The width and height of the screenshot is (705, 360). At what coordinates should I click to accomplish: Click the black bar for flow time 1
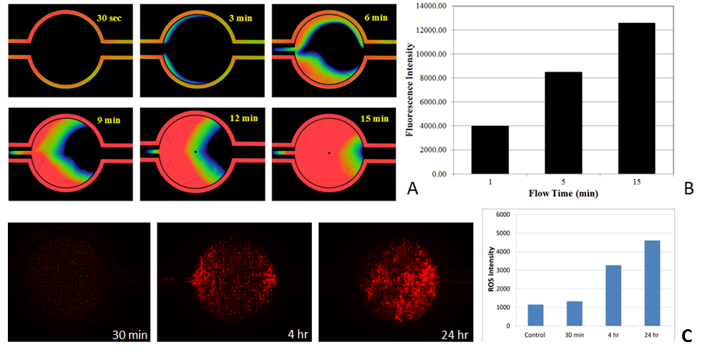[x=490, y=150]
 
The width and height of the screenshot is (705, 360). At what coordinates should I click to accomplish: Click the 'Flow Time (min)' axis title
[x=563, y=193]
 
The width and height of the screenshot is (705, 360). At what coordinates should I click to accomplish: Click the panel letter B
[x=689, y=189]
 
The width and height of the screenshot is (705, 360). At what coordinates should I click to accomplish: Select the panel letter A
[x=412, y=189]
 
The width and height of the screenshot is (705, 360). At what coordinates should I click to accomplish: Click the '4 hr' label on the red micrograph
[x=276, y=334]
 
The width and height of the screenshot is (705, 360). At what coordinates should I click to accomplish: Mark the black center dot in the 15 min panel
[x=329, y=152]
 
